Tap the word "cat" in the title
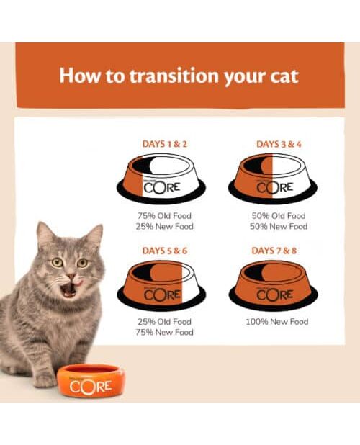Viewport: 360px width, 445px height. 284,76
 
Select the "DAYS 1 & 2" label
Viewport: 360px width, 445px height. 165,144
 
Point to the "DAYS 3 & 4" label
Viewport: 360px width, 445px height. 279,144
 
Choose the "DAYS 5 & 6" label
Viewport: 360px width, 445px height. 165,251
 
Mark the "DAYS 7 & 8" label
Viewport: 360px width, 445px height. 274,251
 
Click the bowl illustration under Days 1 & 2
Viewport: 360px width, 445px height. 161,179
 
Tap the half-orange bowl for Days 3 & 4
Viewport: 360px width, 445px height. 273,179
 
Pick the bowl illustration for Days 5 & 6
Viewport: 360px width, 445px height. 161,284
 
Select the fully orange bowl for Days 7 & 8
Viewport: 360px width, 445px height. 274,284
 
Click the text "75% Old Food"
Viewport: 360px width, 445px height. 165,216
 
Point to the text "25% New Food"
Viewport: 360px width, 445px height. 165,227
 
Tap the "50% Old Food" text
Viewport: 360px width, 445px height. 279,216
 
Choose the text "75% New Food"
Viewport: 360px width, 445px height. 165,332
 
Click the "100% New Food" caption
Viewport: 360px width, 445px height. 277,322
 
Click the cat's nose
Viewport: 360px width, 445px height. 71,276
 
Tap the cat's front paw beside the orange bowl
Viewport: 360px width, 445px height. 45,379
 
